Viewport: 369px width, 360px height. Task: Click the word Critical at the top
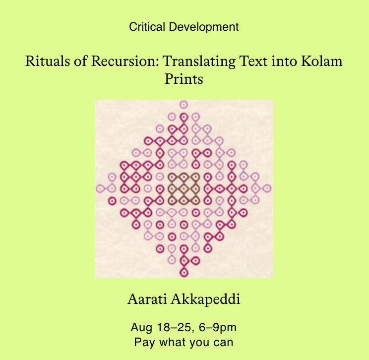coord(147,27)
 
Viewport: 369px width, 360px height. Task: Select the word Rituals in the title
coord(47,61)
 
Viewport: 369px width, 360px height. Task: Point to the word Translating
coord(199,61)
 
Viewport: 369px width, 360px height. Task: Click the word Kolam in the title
coord(322,61)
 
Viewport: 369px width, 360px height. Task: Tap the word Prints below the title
coord(184,79)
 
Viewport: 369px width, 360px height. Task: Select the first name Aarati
coord(147,300)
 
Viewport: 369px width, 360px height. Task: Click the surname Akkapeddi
coord(205,300)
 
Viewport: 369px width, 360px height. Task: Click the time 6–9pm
coord(217,328)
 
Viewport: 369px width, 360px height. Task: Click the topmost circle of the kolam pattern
coord(184,105)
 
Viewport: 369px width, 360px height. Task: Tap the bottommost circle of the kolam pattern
coord(184,273)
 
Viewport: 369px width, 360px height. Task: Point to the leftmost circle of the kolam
coord(100,188)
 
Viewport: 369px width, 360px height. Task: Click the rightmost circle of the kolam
coord(267,188)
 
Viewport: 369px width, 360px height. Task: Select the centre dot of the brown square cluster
coord(184,188)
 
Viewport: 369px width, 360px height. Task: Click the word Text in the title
coord(253,61)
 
